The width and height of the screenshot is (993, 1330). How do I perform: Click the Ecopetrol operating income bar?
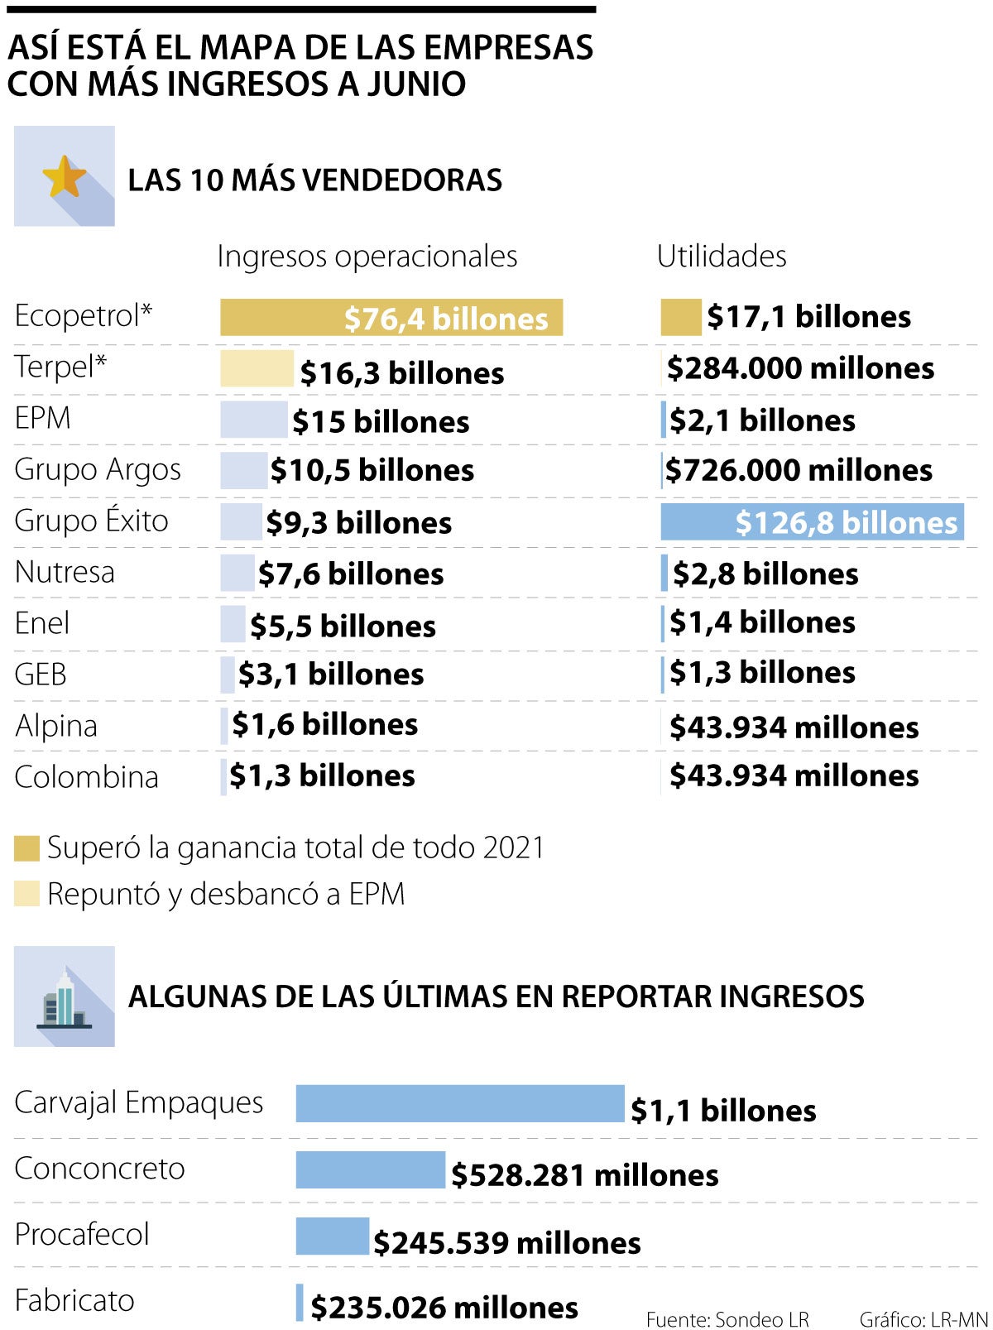click(x=391, y=318)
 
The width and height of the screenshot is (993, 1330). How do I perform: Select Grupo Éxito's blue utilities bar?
click(x=812, y=522)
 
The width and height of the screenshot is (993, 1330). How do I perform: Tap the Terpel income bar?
click(x=257, y=369)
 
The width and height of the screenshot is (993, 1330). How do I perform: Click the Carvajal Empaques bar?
click(x=460, y=1104)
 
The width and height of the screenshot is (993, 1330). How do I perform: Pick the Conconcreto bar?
click(x=370, y=1170)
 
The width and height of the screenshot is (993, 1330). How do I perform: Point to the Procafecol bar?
click(x=332, y=1236)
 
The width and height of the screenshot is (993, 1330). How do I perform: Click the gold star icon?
click(x=64, y=177)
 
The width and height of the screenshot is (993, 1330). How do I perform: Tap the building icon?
click(x=64, y=998)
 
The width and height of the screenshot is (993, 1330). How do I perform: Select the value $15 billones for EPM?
click(x=381, y=422)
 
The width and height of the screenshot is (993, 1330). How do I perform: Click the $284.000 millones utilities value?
click(x=800, y=368)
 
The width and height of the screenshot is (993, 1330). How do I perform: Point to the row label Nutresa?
click(x=65, y=573)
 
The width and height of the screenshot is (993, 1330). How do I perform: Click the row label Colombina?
click(x=86, y=777)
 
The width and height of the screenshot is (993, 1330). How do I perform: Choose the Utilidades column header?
click(x=721, y=257)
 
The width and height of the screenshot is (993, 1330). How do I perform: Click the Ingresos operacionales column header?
click(x=367, y=257)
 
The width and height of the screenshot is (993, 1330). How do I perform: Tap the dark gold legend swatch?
click(x=26, y=848)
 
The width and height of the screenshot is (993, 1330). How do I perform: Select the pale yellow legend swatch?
click(x=26, y=895)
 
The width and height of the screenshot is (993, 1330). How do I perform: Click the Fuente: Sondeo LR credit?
click(x=727, y=1319)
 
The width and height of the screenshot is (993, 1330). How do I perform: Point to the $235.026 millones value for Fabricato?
click(x=444, y=1308)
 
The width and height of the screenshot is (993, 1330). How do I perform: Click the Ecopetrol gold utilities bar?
click(x=680, y=318)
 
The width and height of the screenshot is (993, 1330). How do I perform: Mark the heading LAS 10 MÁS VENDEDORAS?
click(x=314, y=180)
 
